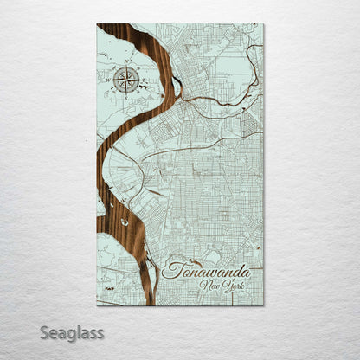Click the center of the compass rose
pos(126,80)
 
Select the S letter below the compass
pos(126,97)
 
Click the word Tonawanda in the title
pos(204,269)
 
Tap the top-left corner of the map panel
pos(98,24)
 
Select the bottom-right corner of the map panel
pos(263,305)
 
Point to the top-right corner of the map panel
pos(263,24)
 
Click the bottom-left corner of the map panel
pos(98,305)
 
